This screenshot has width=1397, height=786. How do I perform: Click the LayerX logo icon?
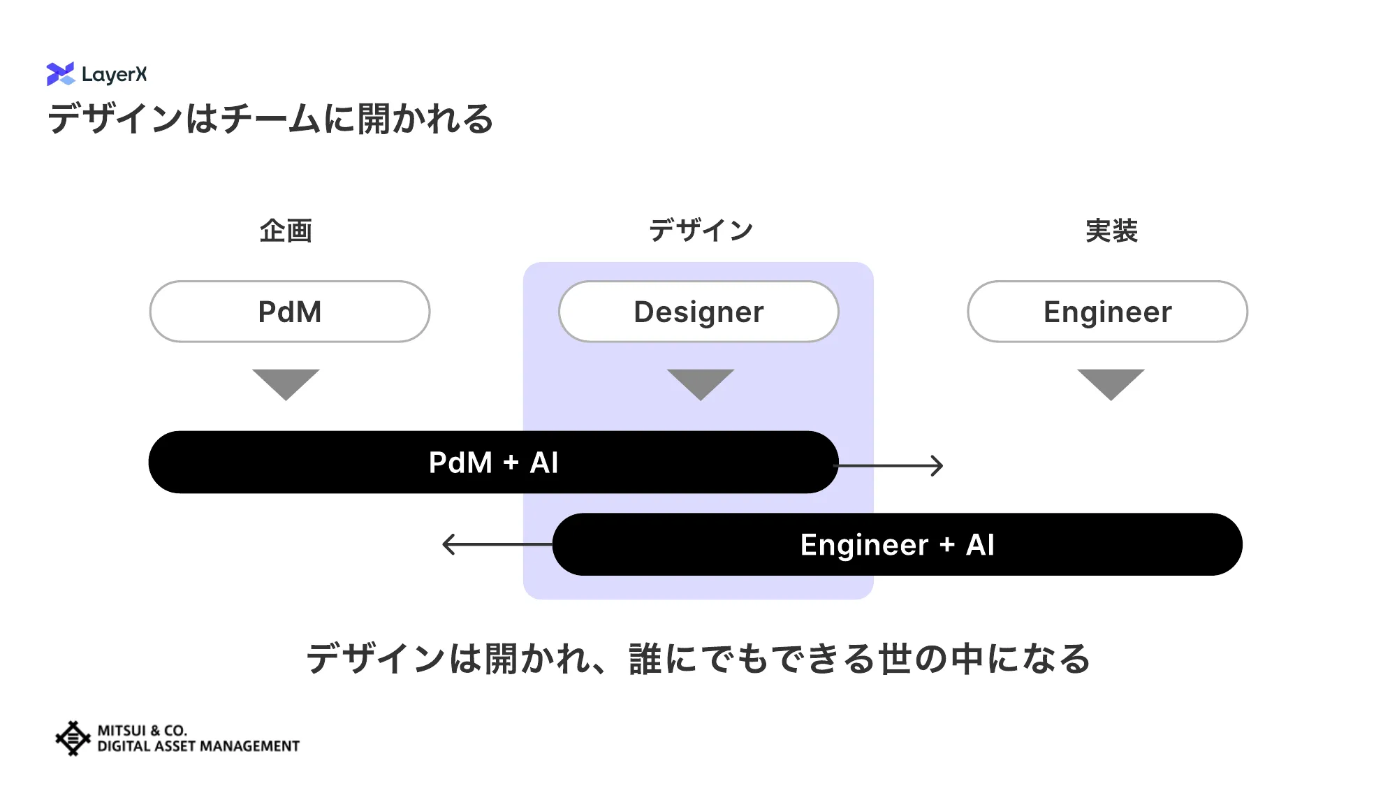(x=60, y=74)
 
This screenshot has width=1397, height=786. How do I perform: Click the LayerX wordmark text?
(x=114, y=74)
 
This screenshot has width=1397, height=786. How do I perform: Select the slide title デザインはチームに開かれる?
(x=270, y=119)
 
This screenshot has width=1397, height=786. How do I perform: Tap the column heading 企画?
(x=286, y=231)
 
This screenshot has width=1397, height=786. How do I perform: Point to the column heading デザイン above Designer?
(x=701, y=231)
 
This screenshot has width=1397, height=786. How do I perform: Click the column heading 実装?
(x=1111, y=231)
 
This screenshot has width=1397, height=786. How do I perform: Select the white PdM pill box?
(x=290, y=312)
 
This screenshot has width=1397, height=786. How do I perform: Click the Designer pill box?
(x=698, y=312)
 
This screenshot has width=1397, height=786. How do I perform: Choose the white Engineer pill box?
(x=1107, y=312)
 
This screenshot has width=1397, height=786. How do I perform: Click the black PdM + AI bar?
(x=493, y=463)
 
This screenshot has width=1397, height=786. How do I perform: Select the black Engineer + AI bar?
(x=897, y=545)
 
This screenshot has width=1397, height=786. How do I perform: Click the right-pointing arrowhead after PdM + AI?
(x=937, y=465)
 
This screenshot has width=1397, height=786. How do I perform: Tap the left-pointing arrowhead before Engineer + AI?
(x=448, y=544)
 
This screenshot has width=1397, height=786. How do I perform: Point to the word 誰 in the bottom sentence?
(x=645, y=659)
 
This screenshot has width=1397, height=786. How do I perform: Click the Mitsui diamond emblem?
(x=73, y=738)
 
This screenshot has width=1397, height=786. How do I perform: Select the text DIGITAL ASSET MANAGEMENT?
(x=198, y=746)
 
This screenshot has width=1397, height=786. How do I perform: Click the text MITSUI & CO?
(x=142, y=730)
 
